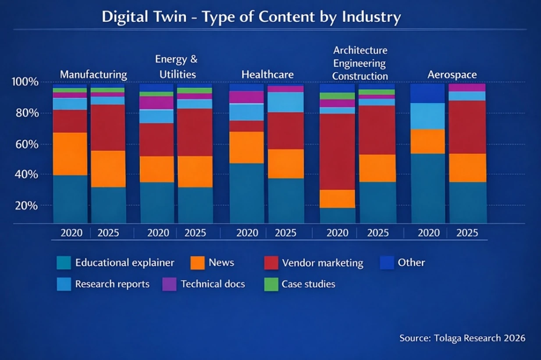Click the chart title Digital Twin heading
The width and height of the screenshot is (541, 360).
251,17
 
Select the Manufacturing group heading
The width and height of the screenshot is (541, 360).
93,75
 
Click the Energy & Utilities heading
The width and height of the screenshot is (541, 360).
176,66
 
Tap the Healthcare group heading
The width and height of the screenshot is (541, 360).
267,75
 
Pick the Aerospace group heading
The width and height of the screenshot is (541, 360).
452,75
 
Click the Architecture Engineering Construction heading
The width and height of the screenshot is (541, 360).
360,63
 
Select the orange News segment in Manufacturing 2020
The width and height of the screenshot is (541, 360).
70,153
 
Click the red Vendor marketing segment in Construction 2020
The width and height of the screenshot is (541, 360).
337,151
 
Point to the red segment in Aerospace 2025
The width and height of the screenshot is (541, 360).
468,127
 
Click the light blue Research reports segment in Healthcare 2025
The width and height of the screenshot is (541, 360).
286,102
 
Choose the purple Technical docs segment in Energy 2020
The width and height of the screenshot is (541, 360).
157,103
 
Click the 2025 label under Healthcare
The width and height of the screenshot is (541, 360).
285,233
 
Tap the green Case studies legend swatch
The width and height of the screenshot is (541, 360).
271,284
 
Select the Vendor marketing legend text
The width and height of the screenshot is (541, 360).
323,263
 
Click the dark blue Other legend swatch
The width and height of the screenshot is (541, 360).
387,263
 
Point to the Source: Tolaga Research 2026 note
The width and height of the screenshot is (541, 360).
462,338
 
